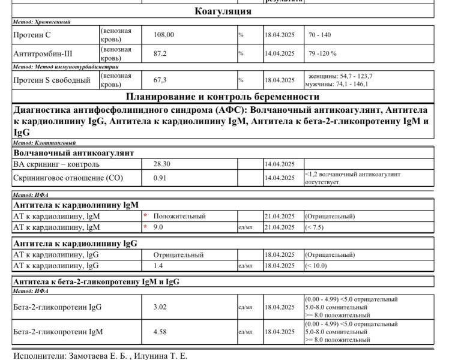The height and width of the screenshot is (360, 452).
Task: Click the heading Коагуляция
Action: coord(223,11)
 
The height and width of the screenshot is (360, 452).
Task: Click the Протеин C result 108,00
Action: coord(164,35)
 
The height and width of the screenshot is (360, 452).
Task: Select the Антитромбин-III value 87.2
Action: coord(160,53)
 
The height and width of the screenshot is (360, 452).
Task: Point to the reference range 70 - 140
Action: coord(320,35)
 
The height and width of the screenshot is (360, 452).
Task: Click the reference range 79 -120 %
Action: coord(323,53)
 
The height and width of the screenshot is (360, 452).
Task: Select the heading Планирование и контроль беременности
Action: coord(223,97)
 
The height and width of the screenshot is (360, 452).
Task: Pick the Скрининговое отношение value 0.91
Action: coord(160,178)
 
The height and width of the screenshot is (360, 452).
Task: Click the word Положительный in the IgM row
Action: coord(179,216)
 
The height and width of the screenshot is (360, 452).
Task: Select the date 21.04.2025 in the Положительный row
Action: coord(279,216)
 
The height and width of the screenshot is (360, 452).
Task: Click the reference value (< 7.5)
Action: coord(318,227)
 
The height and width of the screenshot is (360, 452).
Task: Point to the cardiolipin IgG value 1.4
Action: coord(158,265)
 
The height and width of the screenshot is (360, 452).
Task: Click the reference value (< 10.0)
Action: coord(319,265)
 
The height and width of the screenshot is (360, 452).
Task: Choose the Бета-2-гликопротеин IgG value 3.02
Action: coord(160,307)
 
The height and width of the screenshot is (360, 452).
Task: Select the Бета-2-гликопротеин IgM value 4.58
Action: coord(160,331)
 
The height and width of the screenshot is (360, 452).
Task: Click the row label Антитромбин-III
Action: coord(43,53)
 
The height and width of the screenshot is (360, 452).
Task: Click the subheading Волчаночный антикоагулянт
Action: coord(73,153)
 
